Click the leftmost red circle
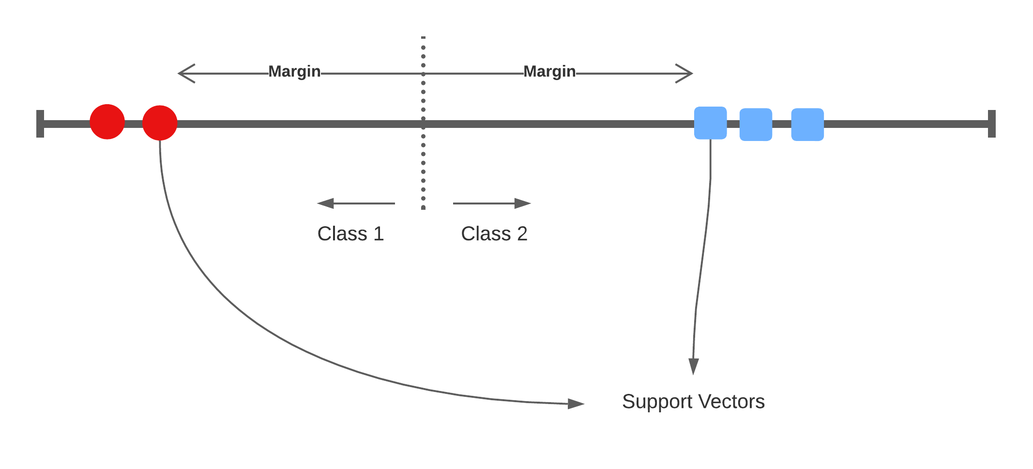(x=107, y=122)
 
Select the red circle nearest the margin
(x=160, y=123)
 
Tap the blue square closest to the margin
(x=710, y=123)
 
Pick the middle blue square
(x=756, y=125)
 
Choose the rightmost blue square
(x=807, y=125)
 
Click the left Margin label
(x=294, y=72)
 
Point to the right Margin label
(x=549, y=72)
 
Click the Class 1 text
(x=350, y=234)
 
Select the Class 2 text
(x=494, y=234)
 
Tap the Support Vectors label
(x=693, y=402)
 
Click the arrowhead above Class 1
(x=325, y=203)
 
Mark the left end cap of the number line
(x=40, y=124)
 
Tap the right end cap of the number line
(x=992, y=124)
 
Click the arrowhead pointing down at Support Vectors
(x=694, y=366)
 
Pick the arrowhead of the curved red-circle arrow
(x=576, y=404)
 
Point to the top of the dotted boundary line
(x=423, y=38)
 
